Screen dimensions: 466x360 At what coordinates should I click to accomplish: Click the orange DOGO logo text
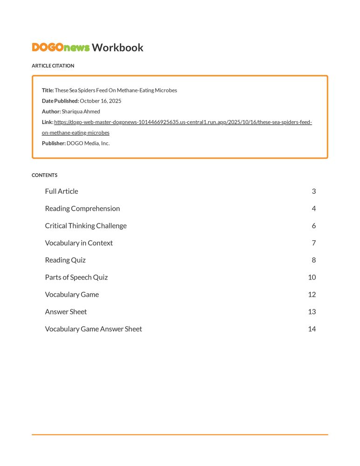click(48, 48)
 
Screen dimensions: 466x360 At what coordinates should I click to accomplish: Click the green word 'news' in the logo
click(77, 48)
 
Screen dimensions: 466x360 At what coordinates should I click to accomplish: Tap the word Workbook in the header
click(117, 48)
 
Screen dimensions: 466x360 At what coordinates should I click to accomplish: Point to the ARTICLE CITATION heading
click(53, 66)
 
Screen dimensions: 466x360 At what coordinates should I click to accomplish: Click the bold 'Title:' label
click(48, 90)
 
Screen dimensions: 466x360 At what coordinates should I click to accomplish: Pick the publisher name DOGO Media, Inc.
click(88, 144)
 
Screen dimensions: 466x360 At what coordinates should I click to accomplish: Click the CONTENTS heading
click(45, 175)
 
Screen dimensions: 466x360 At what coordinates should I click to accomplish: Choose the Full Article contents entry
click(61, 192)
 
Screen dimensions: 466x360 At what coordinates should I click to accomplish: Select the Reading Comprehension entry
click(82, 209)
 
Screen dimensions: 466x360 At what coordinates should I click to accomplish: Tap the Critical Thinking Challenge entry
click(86, 226)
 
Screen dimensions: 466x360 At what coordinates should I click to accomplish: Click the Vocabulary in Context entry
click(79, 243)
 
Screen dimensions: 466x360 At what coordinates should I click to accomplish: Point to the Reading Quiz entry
click(65, 260)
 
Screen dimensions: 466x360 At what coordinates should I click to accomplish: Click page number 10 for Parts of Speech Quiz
click(312, 278)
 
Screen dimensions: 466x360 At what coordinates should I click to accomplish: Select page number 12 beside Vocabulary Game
click(312, 295)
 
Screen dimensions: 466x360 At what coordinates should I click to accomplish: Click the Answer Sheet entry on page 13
click(66, 312)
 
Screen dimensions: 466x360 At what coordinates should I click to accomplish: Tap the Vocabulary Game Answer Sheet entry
click(93, 329)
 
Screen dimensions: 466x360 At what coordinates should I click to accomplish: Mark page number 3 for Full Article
click(314, 192)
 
